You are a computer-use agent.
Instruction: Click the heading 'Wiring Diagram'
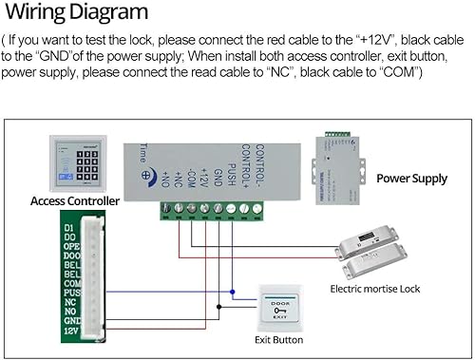[75, 12]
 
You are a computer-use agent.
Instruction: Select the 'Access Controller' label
[75, 201]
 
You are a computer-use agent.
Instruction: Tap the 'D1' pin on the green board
[67, 229]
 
